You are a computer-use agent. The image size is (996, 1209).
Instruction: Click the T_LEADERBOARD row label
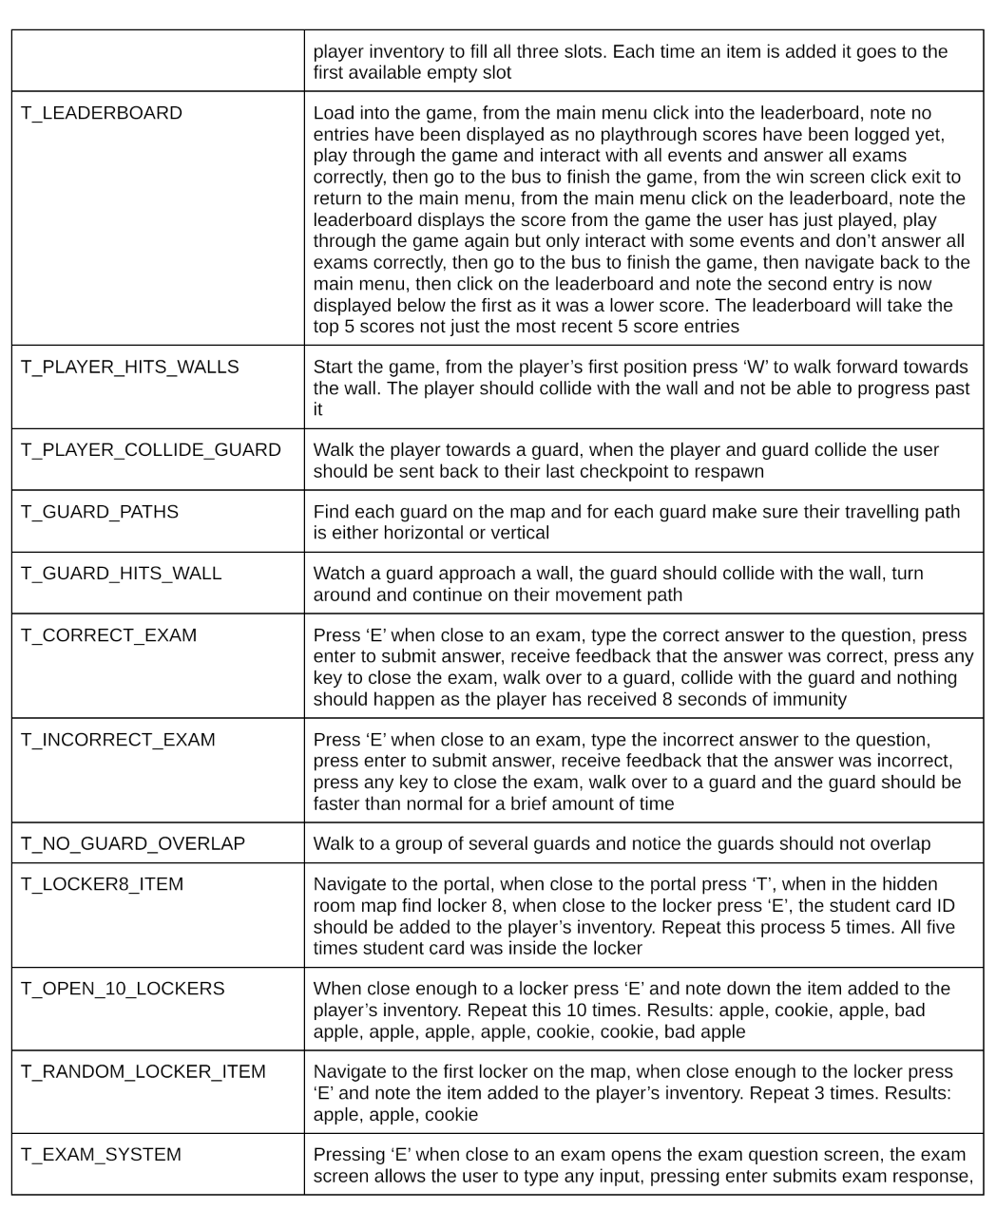point(102,113)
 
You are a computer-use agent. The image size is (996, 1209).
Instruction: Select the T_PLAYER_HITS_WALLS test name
point(130,367)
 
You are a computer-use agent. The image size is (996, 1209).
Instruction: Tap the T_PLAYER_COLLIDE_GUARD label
point(151,450)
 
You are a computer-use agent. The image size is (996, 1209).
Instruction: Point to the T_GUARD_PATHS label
point(100,512)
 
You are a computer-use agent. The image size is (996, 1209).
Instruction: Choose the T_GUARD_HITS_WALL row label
point(122,574)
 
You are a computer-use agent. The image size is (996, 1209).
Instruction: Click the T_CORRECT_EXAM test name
point(109,635)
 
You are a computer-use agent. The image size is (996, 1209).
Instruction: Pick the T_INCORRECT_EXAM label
point(119,740)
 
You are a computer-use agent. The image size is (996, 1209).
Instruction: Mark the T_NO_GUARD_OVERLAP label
point(133,843)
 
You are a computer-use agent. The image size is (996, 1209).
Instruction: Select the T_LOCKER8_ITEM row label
point(103,884)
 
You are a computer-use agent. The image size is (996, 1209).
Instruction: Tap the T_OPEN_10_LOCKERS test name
point(123,989)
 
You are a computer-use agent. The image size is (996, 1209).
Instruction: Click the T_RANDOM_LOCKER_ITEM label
point(144,1071)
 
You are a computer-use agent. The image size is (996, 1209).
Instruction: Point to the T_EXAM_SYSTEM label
point(101,1155)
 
